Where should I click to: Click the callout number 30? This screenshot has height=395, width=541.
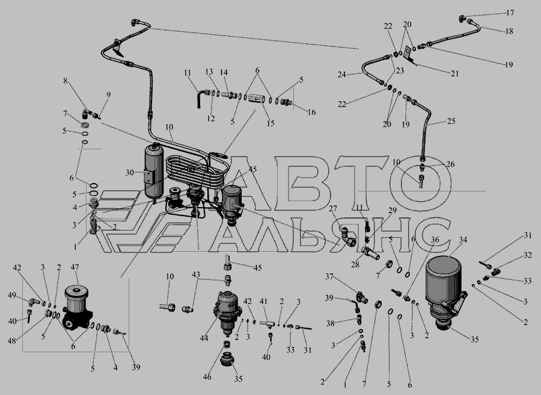coord(129,172)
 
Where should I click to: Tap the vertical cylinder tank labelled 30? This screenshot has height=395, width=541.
coord(154,171)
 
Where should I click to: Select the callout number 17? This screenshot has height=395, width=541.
coord(510,13)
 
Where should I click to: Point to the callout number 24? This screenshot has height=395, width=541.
coord(341,74)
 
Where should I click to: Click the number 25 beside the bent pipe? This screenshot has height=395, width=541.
coord(451,121)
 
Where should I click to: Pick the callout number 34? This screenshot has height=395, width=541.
coord(463,240)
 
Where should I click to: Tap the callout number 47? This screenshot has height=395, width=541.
coord(75,267)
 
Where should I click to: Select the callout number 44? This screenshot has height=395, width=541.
coord(204,338)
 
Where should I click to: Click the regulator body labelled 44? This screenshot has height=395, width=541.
coord(226,312)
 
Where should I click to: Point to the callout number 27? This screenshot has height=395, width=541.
coord(332,208)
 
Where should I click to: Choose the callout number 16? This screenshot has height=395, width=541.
coord(311,112)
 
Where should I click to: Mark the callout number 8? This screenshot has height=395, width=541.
coord(65,81)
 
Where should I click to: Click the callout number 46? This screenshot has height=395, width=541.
coord(207,377)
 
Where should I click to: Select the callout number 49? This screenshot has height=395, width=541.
coord(12,295)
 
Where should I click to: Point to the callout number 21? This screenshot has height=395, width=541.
coord(455,73)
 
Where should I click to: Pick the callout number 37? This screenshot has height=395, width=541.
coord(329,276)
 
